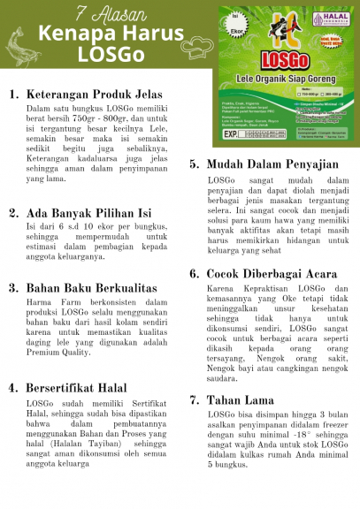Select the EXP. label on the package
[233, 137]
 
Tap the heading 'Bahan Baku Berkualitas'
[91, 288]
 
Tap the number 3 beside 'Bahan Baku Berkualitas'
[13, 288]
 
